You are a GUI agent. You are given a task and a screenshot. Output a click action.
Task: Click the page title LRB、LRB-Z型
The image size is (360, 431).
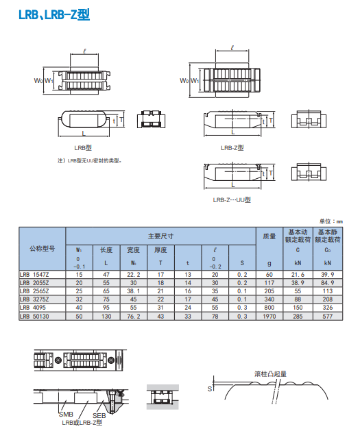tap(54, 15)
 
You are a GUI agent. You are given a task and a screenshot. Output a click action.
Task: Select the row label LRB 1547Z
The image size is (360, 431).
tap(34, 275)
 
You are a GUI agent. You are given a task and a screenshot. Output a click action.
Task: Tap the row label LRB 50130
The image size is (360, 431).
tap(34, 317)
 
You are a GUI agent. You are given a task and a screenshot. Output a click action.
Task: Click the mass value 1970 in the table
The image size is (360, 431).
tap(269, 317)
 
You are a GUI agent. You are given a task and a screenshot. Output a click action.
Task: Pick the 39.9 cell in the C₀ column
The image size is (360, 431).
tap(328, 275)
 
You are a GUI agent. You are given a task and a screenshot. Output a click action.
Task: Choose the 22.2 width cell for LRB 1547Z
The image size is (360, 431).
tap(134, 275)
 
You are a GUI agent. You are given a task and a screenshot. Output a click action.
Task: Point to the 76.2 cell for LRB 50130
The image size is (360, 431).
tap(134, 317)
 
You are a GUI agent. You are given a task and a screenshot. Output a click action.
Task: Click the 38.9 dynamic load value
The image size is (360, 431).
tap(298, 283)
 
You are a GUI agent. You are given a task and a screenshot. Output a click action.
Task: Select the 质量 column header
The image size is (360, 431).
tap(269, 236)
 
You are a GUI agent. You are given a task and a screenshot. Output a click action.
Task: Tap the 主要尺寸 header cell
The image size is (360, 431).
tap(161, 236)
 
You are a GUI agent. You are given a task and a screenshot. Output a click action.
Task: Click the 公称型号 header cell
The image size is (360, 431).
tap(43, 249)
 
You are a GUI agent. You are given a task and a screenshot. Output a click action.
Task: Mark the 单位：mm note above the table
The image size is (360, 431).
tap(331, 221)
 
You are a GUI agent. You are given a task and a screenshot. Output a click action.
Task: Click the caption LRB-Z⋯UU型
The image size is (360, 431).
tap(232, 200)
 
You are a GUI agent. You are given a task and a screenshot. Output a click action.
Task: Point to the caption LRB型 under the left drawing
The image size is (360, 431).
tap(83, 148)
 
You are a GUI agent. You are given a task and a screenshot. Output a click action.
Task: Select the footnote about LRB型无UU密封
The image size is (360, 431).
tap(90, 160)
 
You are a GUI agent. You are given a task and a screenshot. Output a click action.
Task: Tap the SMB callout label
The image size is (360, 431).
tap(66, 415)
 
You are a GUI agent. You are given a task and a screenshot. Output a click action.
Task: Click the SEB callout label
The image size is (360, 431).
tap(99, 416)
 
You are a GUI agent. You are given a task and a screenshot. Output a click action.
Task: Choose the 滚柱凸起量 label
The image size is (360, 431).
tap(271, 374)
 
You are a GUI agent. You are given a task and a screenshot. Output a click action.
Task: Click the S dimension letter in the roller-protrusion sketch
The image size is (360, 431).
tap(210, 389)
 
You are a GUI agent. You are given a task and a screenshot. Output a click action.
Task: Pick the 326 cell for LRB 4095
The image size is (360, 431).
tap(328, 308)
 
